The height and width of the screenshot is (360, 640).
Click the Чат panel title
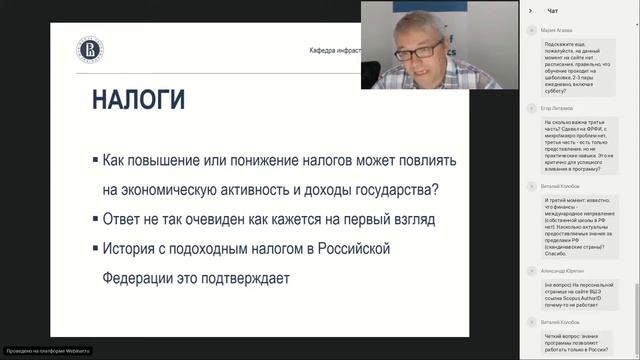point(553,10)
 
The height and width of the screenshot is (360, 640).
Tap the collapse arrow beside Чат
point(530,10)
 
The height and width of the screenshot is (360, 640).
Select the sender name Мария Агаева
point(557,31)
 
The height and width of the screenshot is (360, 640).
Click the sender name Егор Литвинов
point(558,105)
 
